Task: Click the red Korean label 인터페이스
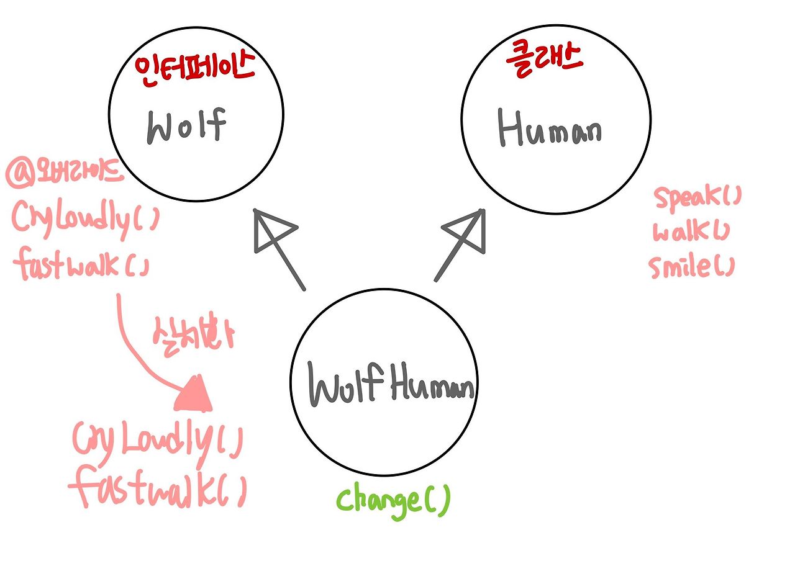(194, 68)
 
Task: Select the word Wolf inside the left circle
(186, 126)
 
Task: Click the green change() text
(393, 500)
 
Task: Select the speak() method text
(697, 198)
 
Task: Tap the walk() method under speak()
(691, 232)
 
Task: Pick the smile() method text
(691, 267)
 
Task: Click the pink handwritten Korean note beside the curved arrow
(193, 335)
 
